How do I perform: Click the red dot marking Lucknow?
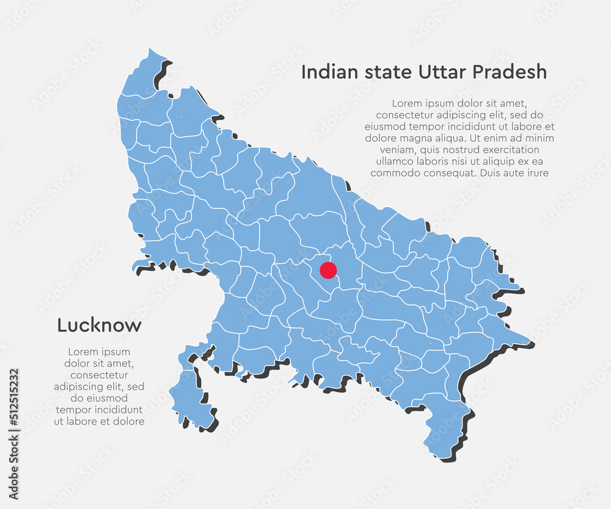pos(328,269)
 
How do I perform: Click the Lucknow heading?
pos(99,325)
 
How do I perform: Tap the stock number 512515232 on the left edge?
pos(14,405)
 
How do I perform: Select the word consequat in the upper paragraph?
pos(450,173)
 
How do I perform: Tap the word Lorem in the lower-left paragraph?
pos(83,352)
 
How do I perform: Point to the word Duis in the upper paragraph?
pos(491,173)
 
